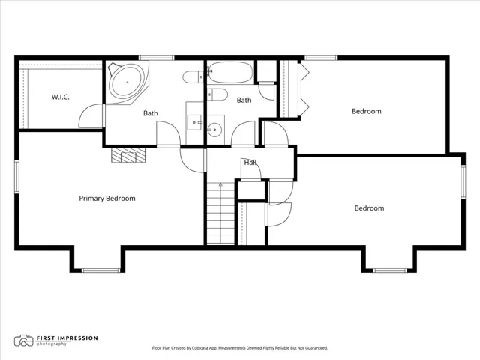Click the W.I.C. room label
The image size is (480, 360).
[x=60, y=97]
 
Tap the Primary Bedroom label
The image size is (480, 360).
[x=107, y=198]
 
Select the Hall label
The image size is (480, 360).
[x=250, y=163]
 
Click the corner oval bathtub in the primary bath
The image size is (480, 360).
[x=127, y=82]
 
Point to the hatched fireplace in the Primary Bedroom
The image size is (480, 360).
[x=128, y=155]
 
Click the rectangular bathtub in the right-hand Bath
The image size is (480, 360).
[x=230, y=73]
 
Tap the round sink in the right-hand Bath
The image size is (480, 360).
[x=214, y=130]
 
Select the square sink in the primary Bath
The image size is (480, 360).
[x=194, y=122]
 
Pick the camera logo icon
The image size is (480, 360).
[x=23, y=340]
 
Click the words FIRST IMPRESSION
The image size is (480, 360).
[x=67, y=338]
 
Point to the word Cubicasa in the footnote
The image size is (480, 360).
[x=199, y=348]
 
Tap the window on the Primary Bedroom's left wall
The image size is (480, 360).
[x=16, y=177]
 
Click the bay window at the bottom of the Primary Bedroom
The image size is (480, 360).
[x=100, y=270]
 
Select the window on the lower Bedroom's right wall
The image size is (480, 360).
[x=463, y=181]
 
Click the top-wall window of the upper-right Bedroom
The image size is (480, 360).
[x=321, y=58]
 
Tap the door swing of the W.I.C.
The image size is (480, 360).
[x=91, y=115]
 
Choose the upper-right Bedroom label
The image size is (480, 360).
[x=367, y=111]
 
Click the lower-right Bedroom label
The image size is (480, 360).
[x=369, y=208]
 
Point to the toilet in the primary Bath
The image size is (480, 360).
[x=193, y=76]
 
